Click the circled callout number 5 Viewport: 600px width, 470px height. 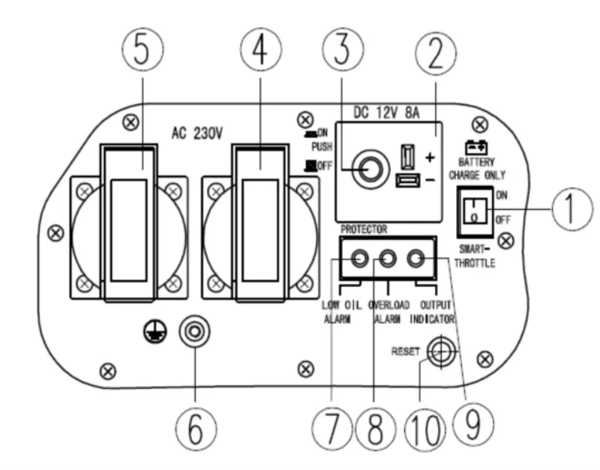point(142,49)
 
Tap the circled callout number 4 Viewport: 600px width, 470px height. point(261,49)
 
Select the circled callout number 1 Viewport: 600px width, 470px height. point(572,209)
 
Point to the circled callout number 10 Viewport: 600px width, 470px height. point(425,429)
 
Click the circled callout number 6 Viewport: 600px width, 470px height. point(196,429)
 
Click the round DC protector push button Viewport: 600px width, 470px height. point(370,169)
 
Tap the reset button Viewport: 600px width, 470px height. point(441,352)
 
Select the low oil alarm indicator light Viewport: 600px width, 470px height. point(359,259)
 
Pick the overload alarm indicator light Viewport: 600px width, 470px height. point(388,259)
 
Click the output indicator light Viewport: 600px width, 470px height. point(415,259)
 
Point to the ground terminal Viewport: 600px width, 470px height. point(194,331)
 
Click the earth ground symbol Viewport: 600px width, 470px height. point(155,331)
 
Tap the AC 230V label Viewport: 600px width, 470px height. point(196,133)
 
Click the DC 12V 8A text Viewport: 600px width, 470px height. point(386,113)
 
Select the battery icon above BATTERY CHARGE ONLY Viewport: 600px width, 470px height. point(476,147)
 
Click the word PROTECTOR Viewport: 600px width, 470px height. point(364,229)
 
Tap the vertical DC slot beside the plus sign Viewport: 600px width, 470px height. point(407,157)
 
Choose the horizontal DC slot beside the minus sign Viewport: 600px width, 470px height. point(408,181)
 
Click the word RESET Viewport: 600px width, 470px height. point(405,352)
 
